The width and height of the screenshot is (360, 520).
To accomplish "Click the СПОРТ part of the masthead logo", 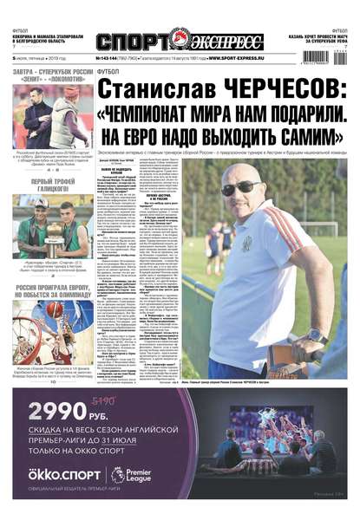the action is click(x=131, y=42).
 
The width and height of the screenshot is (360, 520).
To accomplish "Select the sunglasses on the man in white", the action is click(x=237, y=186).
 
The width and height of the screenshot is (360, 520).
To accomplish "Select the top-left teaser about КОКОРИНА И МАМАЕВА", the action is click(x=43, y=37).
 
